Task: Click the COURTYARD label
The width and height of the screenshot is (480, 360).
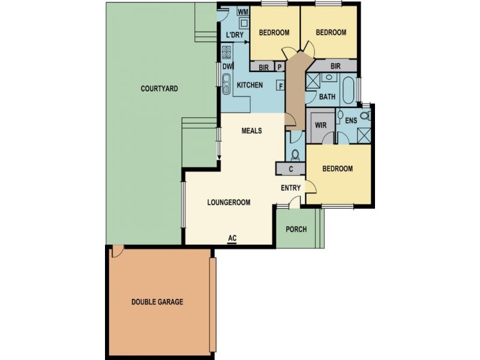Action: pos(159,89)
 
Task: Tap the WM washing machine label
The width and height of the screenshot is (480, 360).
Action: pos(243,11)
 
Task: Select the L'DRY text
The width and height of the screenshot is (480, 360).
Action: pos(235,35)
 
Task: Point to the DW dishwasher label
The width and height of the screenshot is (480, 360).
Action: pos(228,67)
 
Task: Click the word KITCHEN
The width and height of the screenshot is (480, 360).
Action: pos(250,86)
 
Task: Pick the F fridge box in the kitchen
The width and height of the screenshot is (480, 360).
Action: pos(280,86)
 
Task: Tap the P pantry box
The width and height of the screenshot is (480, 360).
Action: pos(280,66)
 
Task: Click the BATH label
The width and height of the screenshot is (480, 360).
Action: pos(327,97)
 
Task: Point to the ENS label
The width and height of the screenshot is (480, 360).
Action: pos(351,121)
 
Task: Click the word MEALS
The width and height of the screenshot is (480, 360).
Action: pos(251,131)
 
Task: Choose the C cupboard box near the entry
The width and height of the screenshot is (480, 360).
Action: pos(290,169)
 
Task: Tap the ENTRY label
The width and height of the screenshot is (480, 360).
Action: pos(291,188)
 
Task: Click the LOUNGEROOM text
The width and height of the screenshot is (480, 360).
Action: pos(229,202)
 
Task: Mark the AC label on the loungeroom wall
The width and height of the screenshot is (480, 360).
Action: pos(233,238)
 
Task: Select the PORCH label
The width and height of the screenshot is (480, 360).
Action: pos(296,229)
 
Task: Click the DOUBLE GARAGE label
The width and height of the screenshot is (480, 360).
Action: pos(157,302)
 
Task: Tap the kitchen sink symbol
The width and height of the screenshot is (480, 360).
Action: pos(226,83)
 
